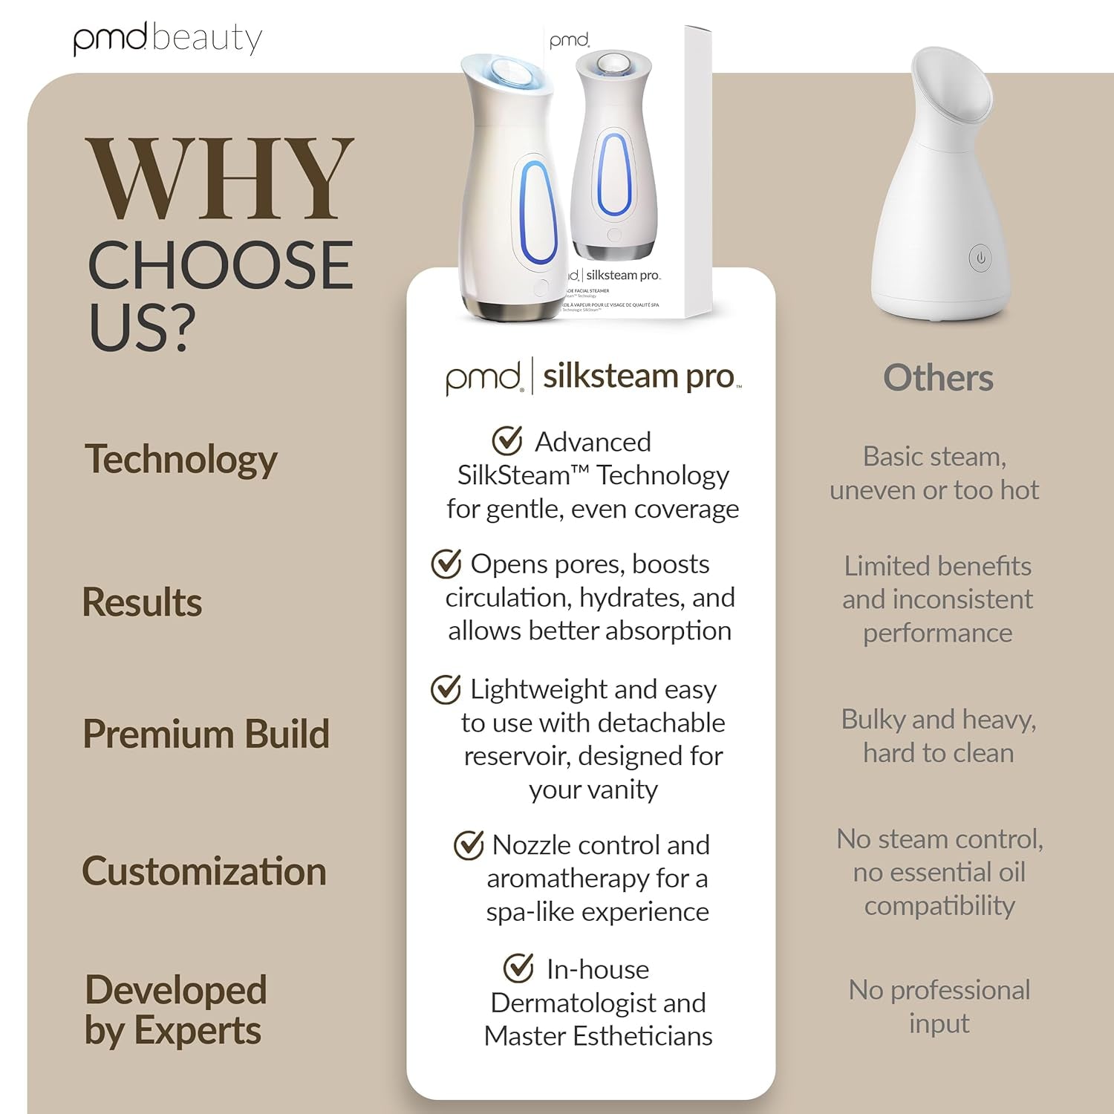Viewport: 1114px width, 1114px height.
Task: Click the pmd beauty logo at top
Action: [168, 39]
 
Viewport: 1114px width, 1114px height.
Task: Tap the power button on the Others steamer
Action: [980, 258]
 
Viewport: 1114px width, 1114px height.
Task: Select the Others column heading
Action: [938, 378]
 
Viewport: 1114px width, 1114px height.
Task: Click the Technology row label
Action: [181, 459]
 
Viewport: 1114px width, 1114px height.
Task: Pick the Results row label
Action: [142, 602]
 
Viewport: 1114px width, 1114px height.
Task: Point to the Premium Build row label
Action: [206, 734]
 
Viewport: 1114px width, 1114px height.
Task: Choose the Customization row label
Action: [204, 870]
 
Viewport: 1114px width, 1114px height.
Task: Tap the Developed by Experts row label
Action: [175, 1010]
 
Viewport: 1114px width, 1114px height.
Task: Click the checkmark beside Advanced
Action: [507, 440]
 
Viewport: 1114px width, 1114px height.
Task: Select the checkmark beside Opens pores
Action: [446, 564]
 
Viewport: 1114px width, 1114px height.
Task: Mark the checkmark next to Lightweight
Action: [446, 689]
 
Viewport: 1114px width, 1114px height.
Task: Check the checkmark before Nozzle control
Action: [469, 844]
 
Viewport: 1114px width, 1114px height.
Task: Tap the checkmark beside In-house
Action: [518, 968]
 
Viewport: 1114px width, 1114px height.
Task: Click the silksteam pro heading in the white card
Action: [639, 377]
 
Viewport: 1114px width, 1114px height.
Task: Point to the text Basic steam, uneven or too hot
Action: [934, 473]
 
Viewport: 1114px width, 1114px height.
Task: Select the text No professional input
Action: [939, 1006]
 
